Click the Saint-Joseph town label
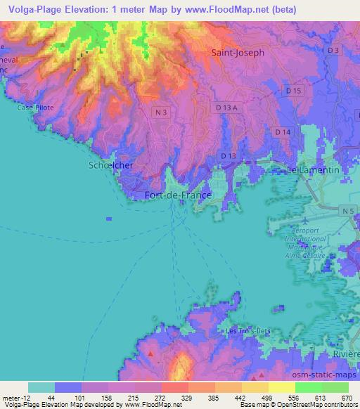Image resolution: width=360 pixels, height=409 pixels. point(238,53)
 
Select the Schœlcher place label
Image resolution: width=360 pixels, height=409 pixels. point(110,164)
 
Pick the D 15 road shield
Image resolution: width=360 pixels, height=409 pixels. point(293,92)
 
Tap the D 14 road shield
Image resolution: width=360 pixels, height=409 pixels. point(283,131)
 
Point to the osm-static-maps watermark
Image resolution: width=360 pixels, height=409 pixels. point(325,375)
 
